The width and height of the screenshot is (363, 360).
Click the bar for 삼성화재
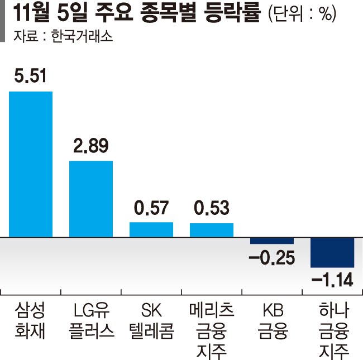pyautogui.click(x=31, y=164)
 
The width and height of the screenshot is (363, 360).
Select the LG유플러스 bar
pyautogui.click(x=91, y=199)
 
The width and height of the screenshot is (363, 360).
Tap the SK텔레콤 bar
pyautogui.click(x=151, y=229)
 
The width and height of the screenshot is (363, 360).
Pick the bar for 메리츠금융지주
pyautogui.click(x=212, y=230)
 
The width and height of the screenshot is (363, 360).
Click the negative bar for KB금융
pyautogui.click(x=272, y=241)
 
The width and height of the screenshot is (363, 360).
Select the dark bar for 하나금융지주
pyautogui.click(x=332, y=253)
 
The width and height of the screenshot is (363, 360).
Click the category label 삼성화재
pyautogui.click(x=31, y=320)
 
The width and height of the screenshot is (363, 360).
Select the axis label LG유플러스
pyautogui.click(x=91, y=320)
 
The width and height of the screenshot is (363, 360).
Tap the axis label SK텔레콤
pyautogui.click(x=151, y=320)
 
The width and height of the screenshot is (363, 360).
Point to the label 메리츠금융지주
pyautogui.click(x=212, y=330)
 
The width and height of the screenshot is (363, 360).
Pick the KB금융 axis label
pyautogui.click(x=272, y=320)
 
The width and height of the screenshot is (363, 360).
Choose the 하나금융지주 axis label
pyautogui.click(x=332, y=330)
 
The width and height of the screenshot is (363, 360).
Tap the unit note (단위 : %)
pyautogui.click(x=302, y=14)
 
